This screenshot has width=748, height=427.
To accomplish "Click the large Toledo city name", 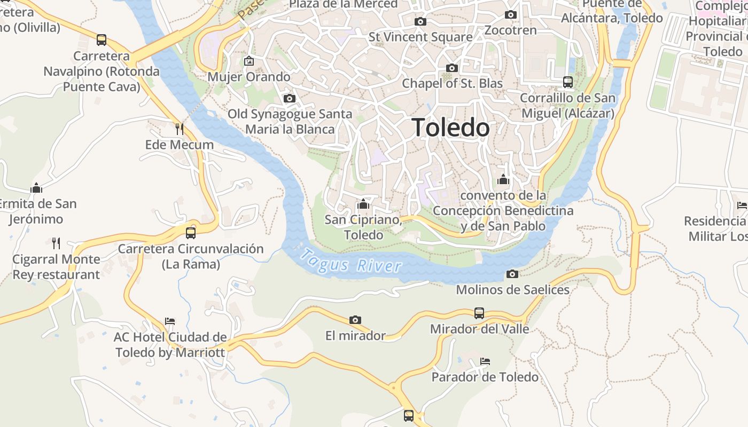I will coord(451,128).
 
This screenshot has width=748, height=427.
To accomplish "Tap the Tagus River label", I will coord(350,262).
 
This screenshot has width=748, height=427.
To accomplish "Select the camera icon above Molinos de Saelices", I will coord(512,274).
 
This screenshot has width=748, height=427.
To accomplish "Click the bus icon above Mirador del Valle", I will coord(479,313).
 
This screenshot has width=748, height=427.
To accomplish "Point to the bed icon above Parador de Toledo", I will coord(485,361).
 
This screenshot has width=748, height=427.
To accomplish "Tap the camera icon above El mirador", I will coord(355,320).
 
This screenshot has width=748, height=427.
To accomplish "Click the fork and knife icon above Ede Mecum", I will coord(180,129).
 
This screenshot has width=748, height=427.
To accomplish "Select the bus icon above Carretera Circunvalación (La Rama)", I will coord(191,233).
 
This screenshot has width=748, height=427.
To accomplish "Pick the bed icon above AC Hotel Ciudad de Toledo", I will coord(170,321).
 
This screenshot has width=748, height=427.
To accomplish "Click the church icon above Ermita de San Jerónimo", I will coord(36,188).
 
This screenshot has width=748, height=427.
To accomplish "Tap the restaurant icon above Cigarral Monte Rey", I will coord(56,243).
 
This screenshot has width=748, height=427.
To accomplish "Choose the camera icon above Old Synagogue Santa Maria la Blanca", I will coord(290,99).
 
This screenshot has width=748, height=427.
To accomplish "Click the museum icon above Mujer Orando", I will coord(248,61).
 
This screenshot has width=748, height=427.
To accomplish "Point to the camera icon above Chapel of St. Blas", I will coord(452,68).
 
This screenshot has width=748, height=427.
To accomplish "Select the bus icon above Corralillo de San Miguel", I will coord(568,82).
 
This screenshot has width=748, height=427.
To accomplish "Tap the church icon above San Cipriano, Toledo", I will coord(363,204).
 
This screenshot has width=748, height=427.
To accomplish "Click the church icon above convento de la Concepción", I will coord(503,180).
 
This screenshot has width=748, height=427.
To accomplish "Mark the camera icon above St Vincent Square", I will coord(420,22).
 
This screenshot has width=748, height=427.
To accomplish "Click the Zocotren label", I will coord(511,30).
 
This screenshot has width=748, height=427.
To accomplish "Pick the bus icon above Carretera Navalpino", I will coord(102,40).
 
